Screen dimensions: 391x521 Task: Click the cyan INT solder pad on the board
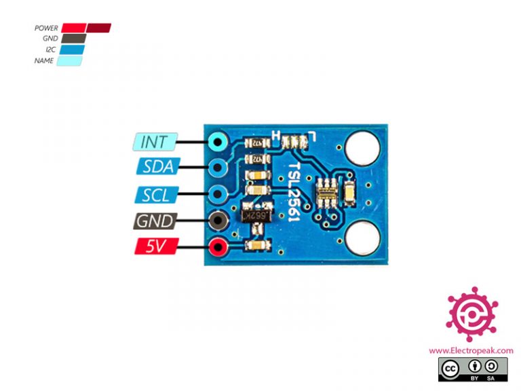(218, 142)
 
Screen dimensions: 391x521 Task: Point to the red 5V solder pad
(218, 248)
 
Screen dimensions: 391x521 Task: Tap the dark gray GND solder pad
(218, 221)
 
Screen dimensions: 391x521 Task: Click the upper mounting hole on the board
(361, 148)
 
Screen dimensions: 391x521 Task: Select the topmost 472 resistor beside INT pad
(256, 143)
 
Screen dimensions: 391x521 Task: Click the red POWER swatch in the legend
(73, 28)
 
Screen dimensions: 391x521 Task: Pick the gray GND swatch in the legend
(73, 39)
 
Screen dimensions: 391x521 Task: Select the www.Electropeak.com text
(470, 350)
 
